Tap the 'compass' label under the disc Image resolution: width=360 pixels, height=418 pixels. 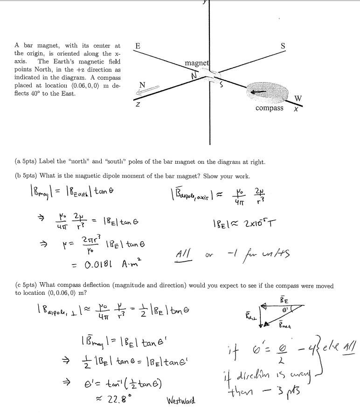(x=269, y=108)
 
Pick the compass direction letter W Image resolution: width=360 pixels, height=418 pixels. (x=298, y=98)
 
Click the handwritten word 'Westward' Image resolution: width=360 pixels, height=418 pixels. (x=181, y=400)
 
